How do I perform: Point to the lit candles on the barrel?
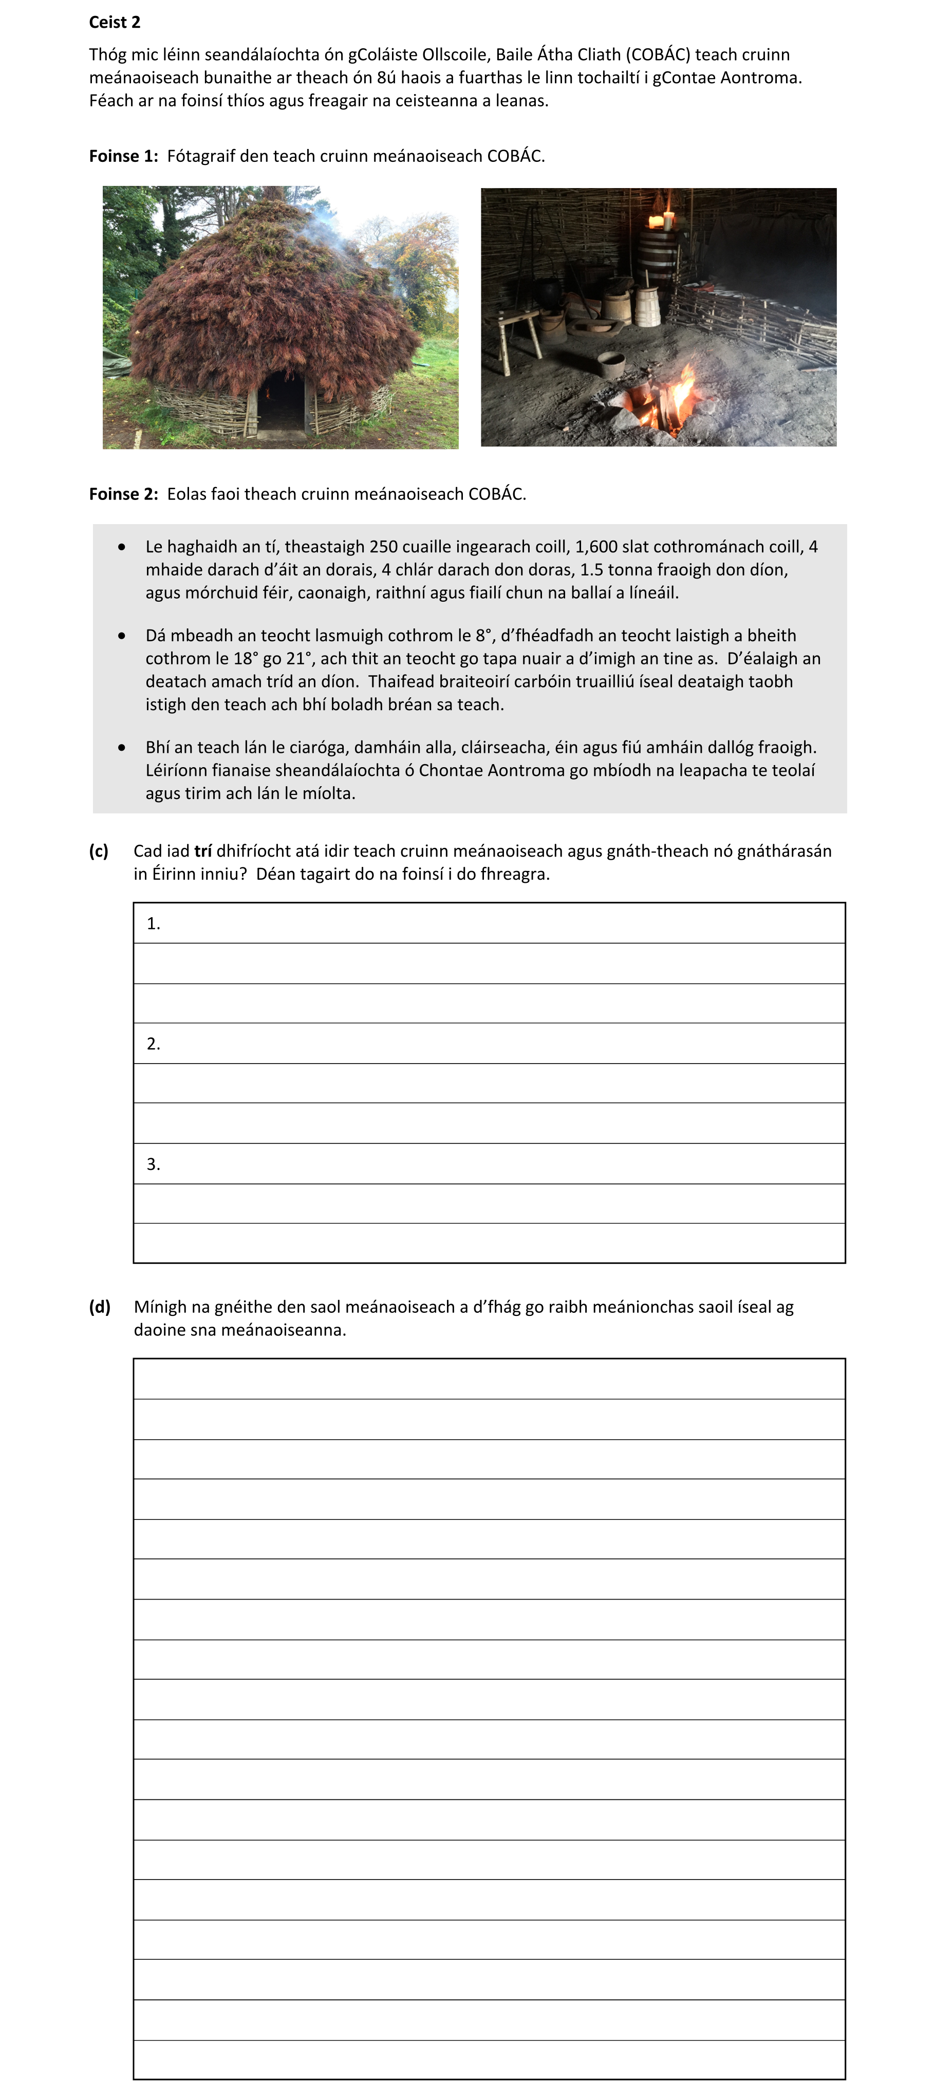pos(661,218)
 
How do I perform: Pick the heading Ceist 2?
pos(115,22)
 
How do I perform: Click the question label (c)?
pos(99,851)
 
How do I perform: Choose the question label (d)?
pos(100,1307)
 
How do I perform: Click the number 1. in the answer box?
pos(153,923)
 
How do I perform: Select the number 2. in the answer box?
pos(153,1044)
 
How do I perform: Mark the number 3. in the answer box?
pos(153,1164)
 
